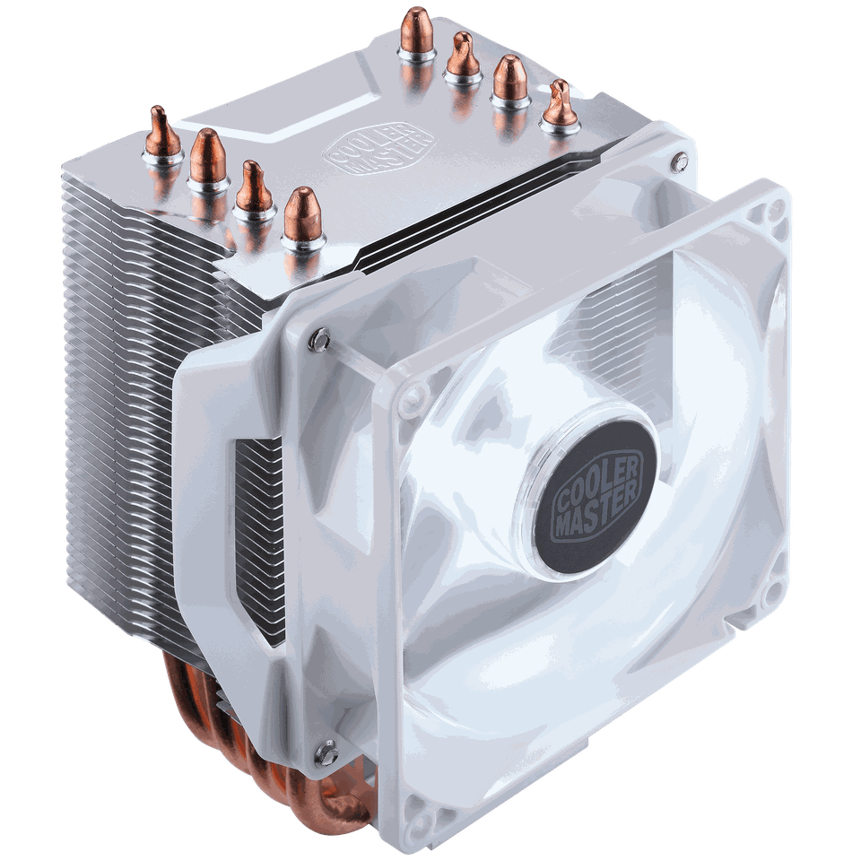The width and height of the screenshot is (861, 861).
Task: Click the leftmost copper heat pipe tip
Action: click(160, 126)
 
